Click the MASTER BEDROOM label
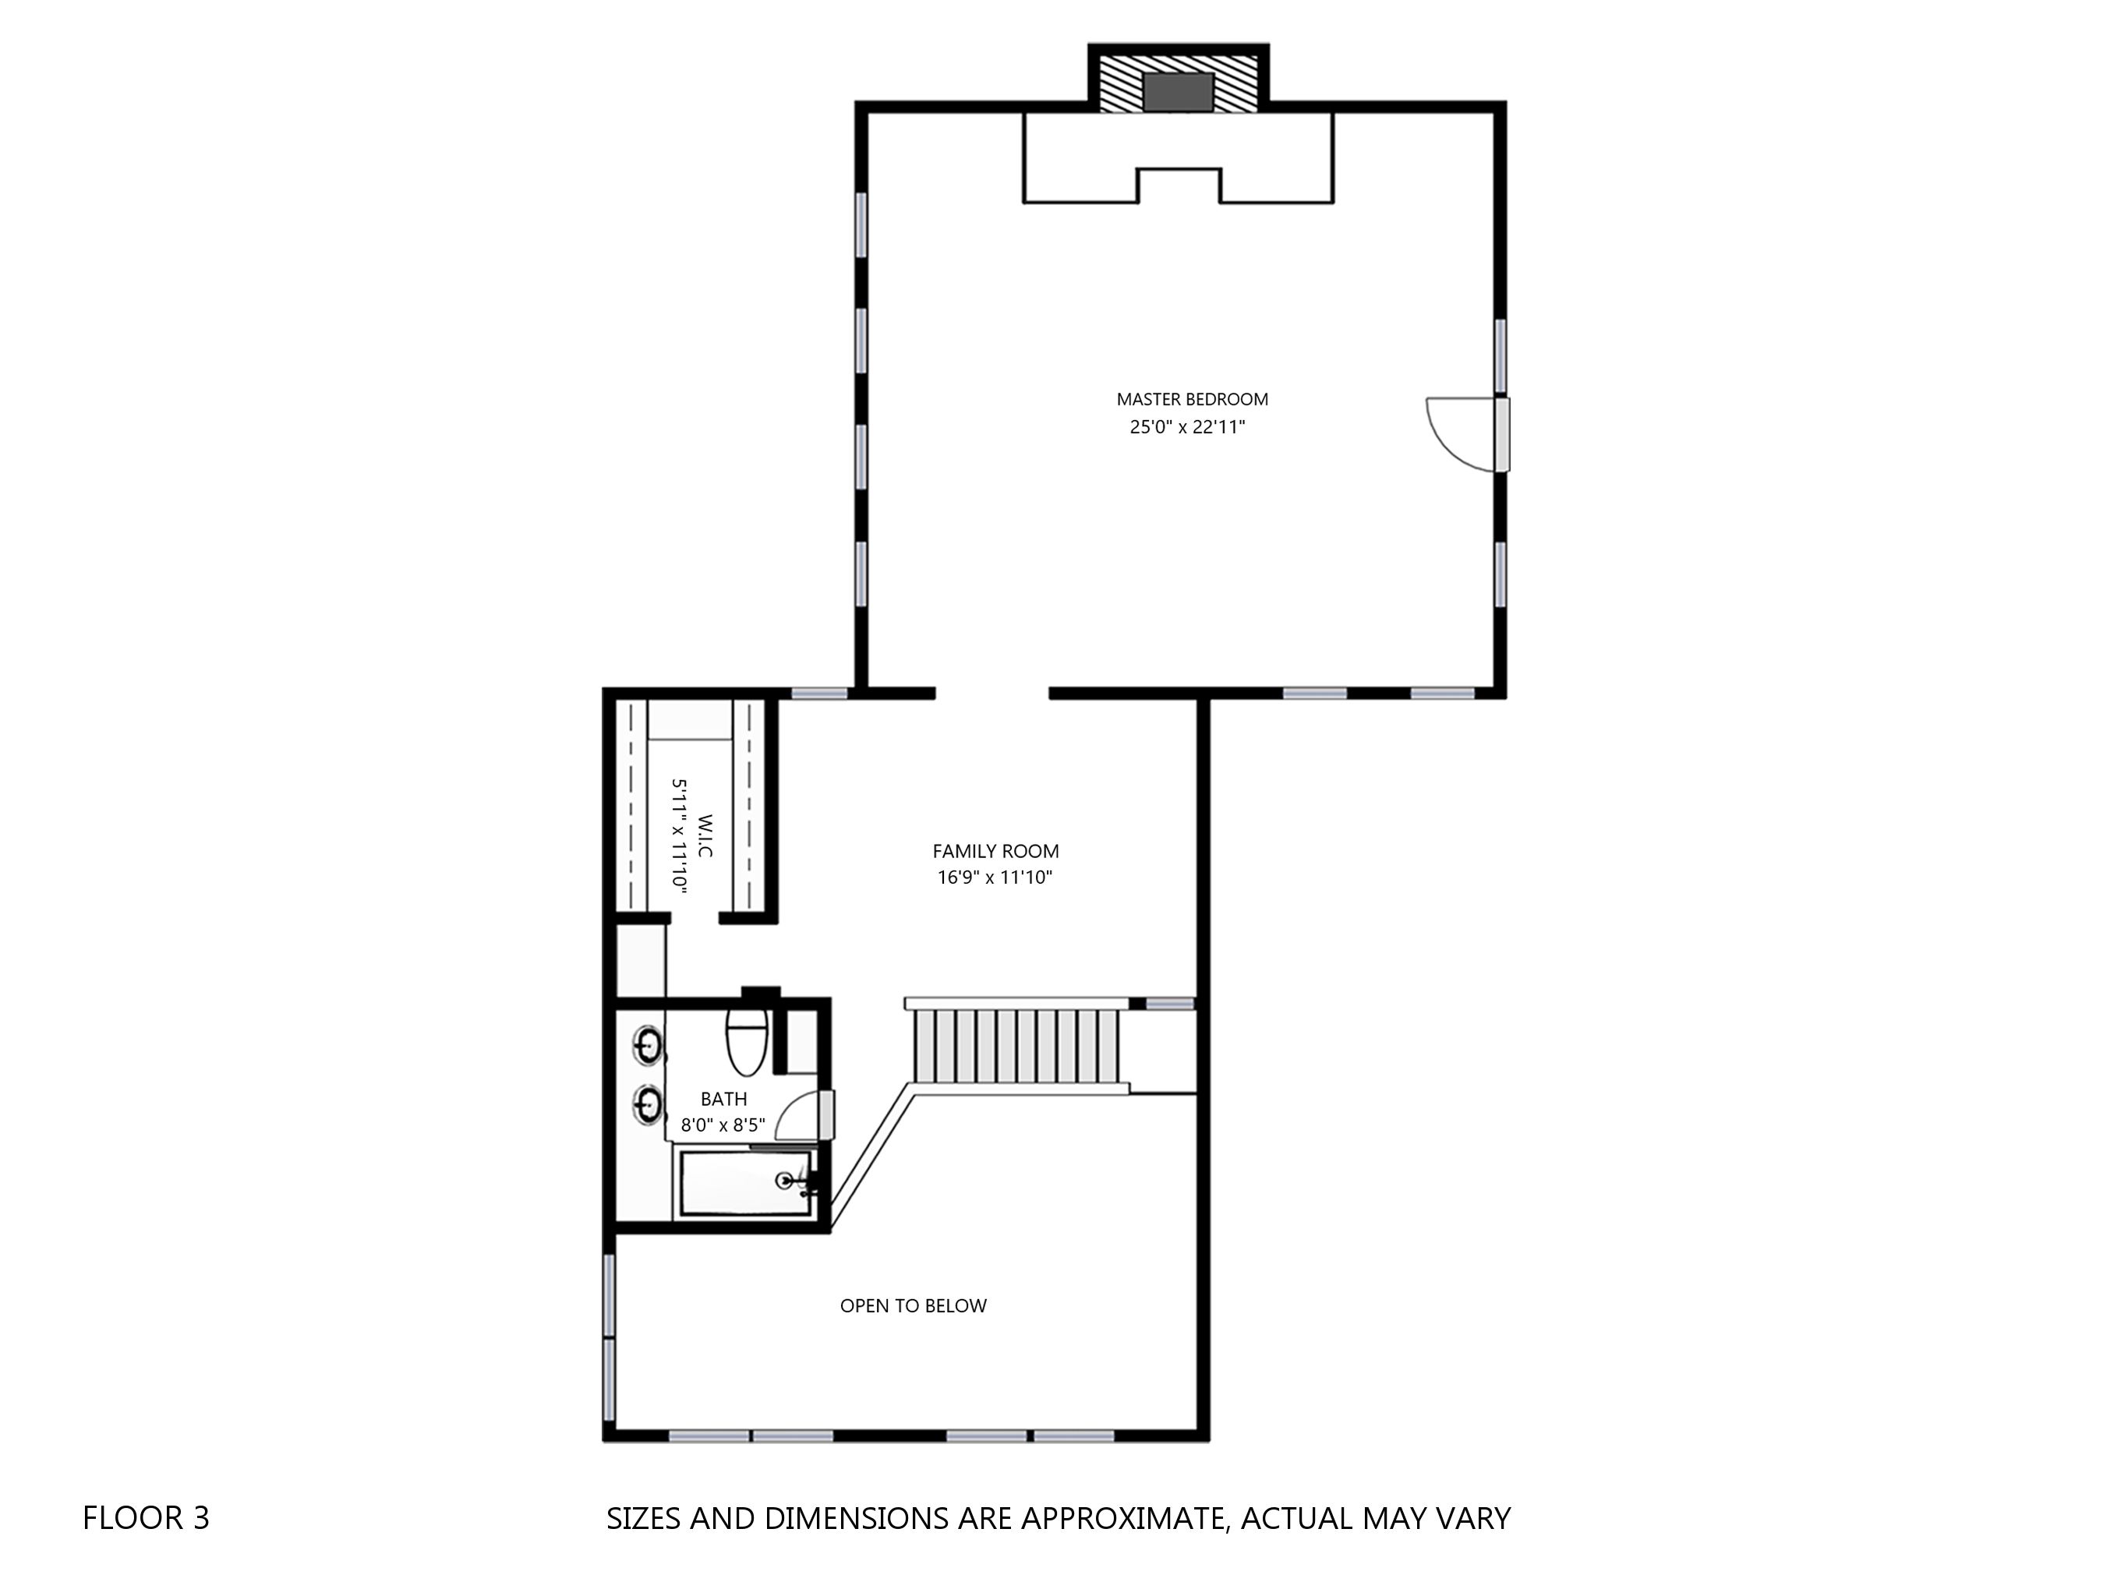pos(1192,399)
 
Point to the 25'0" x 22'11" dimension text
pos(1187,427)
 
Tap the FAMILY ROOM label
pos(995,852)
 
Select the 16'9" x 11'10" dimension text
pos(995,877)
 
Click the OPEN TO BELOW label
pos(913,1305)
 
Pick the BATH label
pos(723,1099)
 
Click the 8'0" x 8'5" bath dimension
pos(723,1125)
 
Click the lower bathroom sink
pos(648,1103)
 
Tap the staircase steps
pos(1018,1046)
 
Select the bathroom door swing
pos(800,1116)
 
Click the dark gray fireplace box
pos(1179,91)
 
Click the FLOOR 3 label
pos(147,1518)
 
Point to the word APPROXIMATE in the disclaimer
pos(1122,1518)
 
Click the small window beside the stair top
pos(1170,1004)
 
